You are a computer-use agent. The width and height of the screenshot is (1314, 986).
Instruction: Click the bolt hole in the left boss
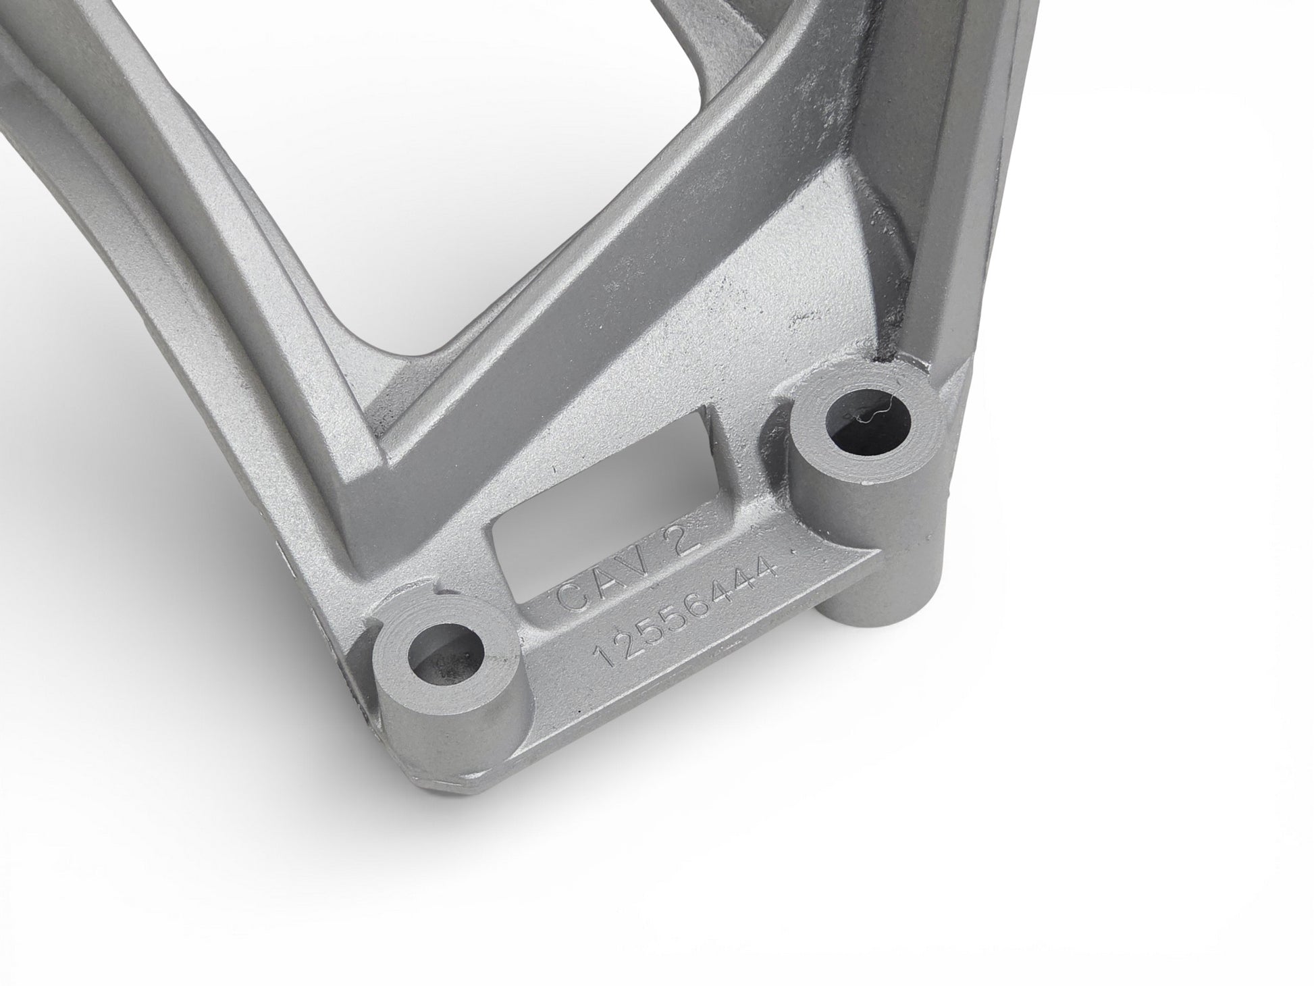[448, 648]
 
